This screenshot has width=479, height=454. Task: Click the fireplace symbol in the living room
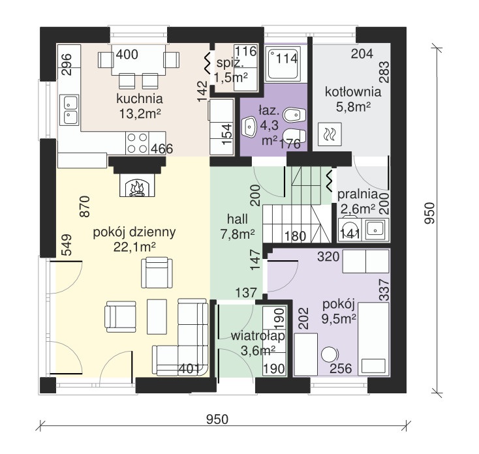[137, 185]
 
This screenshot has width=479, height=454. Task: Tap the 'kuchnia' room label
[139, 99]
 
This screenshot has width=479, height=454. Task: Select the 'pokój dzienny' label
[134, 233]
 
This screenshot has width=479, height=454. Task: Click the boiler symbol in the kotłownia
[330, 134]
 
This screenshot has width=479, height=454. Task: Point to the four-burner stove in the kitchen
[137, 143]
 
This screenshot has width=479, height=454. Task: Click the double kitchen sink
[69, 110]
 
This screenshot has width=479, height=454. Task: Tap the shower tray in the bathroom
[283, 64]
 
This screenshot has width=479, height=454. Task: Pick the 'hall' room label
[238, 219]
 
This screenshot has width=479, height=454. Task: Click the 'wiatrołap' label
[258, 336]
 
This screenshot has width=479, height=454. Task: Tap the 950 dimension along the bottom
[217, 419]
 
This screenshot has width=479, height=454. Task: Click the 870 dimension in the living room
[85, 206]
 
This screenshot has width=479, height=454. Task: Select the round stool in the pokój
[330, 355]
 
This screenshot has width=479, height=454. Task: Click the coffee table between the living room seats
[157, 316]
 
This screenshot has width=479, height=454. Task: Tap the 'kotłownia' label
[353, 92]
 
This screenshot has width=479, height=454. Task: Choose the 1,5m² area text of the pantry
[231, 78]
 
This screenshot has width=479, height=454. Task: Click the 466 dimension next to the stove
[162, 149]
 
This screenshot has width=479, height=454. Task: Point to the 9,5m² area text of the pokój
[339, 319]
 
